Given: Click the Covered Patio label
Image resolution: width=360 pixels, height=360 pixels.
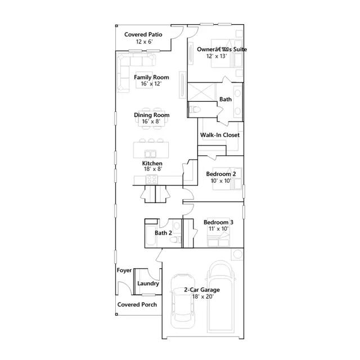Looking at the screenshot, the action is pyautogui.click(x=143, y=34).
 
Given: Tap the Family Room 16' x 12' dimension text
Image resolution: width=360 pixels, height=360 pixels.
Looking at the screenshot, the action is pyautogui.click(x=151, y=84).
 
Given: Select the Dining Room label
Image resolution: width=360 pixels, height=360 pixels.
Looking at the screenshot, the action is pyautogui.click(x=152, y=115).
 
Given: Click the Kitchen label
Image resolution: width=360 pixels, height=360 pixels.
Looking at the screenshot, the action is pyautogui.click(x=152, y=163).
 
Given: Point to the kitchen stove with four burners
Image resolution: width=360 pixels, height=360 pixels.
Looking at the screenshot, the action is pyautogui.click(x=152, y=179).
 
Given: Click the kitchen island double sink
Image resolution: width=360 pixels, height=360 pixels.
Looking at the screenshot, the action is pyautogui.click(x=150, y=154).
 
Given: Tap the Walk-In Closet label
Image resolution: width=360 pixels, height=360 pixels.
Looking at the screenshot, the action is pyautogui.click(x=220, y=135).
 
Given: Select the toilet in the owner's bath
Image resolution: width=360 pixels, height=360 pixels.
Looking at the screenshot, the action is pyautogui.click(x=195, y=110).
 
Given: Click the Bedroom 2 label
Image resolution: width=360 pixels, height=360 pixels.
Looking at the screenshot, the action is pyautogui.click(x=221, y=174).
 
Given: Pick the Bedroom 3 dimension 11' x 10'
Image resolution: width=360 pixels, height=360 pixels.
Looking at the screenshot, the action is pyautogui.click(x=219, y=229).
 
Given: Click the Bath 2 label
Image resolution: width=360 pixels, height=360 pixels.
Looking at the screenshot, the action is pyautogui.click(x=163, y=233).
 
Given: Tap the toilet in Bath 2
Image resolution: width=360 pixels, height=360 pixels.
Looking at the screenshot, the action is pyautogui.click(x=175, y=240).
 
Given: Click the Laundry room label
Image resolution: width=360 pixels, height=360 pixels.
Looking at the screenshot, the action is pyautogui.click(x=148, y=283).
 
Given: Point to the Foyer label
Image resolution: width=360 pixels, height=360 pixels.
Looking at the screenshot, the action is pyautogui.click(x=124, y=270).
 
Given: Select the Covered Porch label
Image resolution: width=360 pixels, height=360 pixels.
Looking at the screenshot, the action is pyautogui.click(x=137, y=304).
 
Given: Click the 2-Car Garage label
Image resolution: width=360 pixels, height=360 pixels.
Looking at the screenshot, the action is pyautogui.click(x=202, y=290).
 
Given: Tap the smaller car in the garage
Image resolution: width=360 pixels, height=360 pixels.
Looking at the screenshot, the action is pyautogui.click(x=183, y=301).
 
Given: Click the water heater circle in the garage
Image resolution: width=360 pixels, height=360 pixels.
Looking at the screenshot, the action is pyautogui.click(x=237, y=254).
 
